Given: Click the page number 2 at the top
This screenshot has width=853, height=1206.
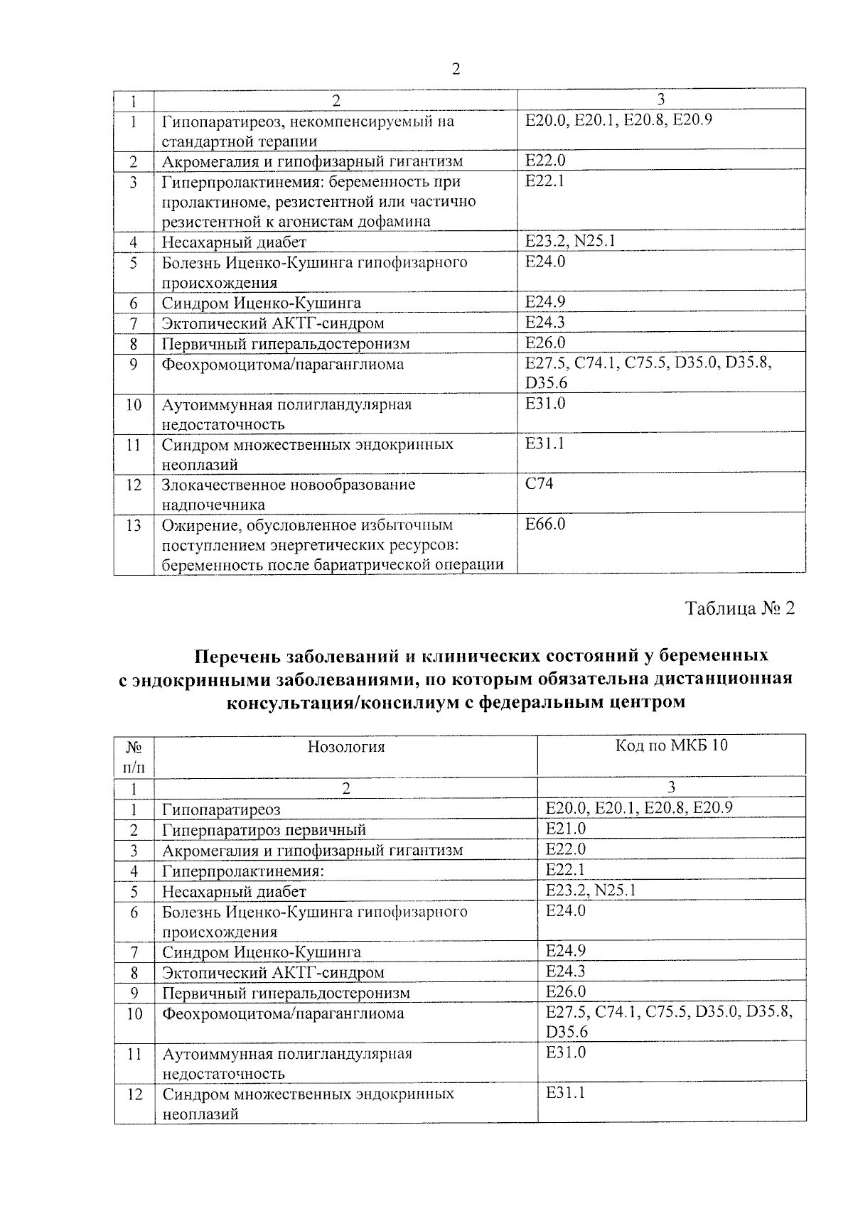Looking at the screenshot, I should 455,70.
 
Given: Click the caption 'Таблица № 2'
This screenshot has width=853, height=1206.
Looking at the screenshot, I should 739,609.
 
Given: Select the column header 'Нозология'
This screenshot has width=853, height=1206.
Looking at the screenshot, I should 346,746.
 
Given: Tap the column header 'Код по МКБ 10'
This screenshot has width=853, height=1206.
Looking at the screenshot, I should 671,745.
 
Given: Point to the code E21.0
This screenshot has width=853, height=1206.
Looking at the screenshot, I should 566,829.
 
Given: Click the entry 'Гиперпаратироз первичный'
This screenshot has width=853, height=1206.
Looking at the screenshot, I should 264,830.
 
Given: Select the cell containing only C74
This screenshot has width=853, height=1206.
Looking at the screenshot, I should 539,484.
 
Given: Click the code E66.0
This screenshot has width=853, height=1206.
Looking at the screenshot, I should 545,524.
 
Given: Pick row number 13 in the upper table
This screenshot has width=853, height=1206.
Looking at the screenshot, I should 133,526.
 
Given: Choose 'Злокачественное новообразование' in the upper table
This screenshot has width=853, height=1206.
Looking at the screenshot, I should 289,485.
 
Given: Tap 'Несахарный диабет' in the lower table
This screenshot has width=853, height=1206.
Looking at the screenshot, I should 234,891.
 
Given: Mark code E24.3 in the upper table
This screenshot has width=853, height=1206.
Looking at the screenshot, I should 545,323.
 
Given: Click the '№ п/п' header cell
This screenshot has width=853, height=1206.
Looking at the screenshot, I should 134,756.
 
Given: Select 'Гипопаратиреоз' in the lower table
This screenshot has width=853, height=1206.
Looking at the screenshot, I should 221,809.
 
